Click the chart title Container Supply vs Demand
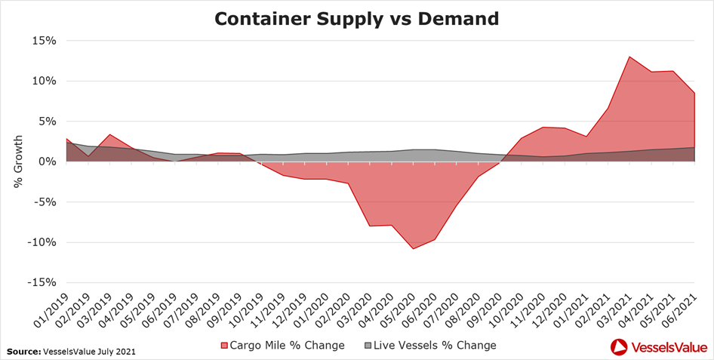357,18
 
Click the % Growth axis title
18,162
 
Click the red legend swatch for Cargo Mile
223,346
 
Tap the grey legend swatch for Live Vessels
368,346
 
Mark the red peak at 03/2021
629,57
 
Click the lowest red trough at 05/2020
413,248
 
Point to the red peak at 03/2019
110,135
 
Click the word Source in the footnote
24,352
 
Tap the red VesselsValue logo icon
619,346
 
